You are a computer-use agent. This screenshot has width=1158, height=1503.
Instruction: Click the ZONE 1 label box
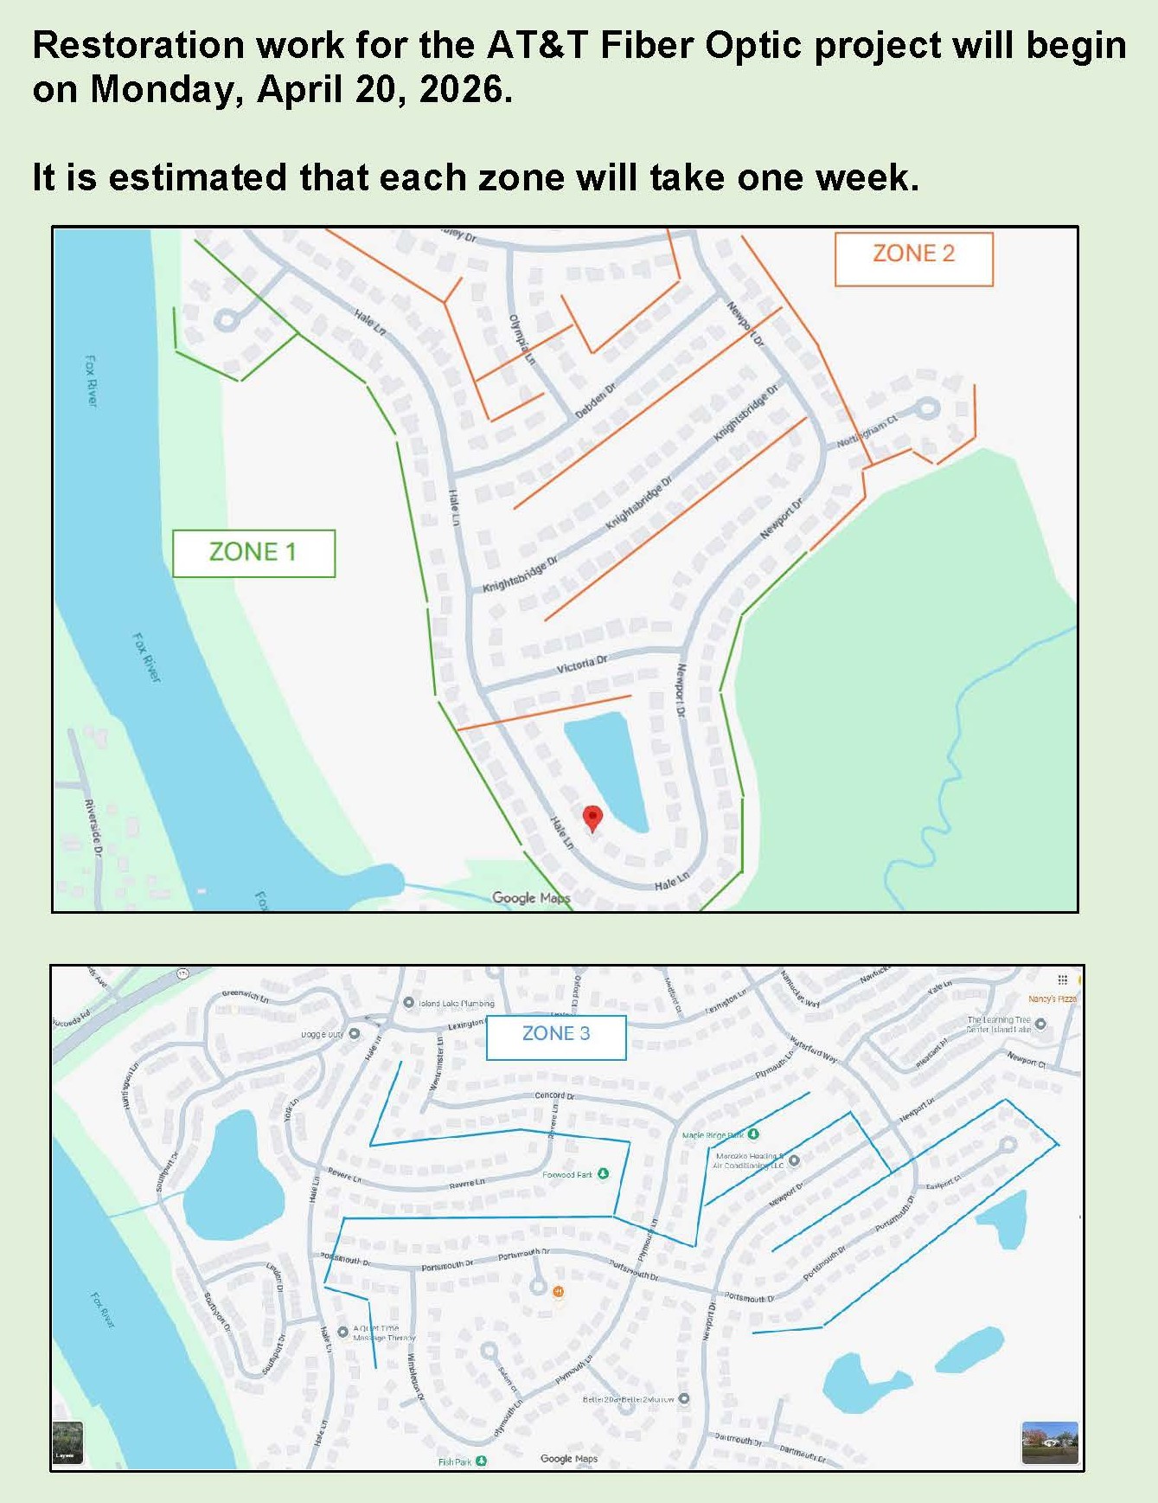[x=253, y=553]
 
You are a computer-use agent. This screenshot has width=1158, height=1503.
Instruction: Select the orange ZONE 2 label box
[x=913, y=258]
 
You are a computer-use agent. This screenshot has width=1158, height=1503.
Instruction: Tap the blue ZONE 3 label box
[x=556, y=1037]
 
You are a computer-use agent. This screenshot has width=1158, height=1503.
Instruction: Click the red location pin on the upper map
[x=592, y=818]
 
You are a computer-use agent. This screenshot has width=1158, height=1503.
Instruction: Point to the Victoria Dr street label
[x=582, y=665]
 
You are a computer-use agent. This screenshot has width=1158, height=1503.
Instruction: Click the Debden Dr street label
[x=596, y=401]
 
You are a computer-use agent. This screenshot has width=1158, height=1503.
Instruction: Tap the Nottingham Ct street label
[x=867, y=432]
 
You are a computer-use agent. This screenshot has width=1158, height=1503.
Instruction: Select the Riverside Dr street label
[x=93, y=829]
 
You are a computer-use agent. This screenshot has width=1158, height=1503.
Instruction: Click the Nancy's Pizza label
[x=1052, y=999]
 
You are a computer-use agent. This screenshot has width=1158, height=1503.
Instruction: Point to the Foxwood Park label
[x=567, y=1174]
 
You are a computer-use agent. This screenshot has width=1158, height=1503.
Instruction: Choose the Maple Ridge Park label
[x=713, y=1134]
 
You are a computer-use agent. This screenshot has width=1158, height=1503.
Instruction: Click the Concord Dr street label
[x=554, y=1095]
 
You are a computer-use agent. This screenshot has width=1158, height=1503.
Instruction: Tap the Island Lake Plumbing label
[x=456, y=1004]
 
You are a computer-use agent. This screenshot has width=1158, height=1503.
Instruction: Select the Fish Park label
[x=455, y=1461]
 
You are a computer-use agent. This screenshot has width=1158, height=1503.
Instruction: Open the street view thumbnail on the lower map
[x=1049, y=1442]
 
